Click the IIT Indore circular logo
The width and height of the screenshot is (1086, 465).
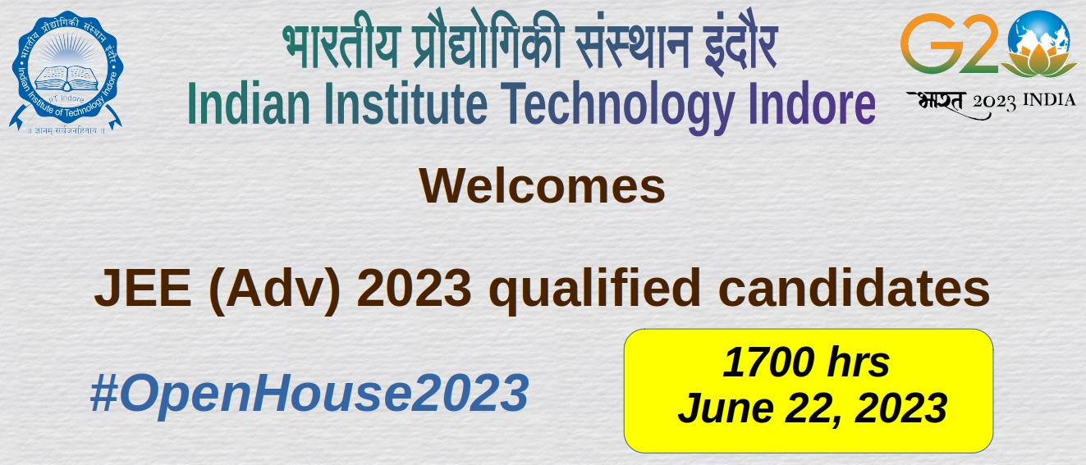66,71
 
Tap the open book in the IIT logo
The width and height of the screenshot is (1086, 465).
66,77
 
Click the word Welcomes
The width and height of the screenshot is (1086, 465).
542,186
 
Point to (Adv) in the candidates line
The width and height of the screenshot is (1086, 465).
275,290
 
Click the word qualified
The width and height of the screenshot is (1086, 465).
594,289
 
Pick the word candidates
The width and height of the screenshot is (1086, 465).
854,288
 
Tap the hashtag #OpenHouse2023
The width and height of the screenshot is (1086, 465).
309,392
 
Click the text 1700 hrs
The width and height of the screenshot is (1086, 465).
806,362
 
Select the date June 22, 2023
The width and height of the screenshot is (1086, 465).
812,408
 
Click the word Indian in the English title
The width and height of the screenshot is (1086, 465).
249,103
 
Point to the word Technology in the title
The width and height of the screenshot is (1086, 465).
617,107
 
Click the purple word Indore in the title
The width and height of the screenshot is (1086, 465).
812,103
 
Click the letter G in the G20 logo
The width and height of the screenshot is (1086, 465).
928,44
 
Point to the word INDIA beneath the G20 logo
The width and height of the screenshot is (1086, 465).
1050,100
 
